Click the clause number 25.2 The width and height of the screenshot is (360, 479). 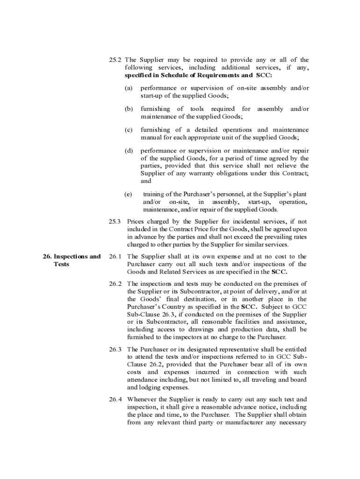(115, 60)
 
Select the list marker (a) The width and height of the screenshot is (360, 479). (128, 88)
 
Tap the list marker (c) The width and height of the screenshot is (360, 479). (128, 130)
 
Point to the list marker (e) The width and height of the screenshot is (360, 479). (128, 194)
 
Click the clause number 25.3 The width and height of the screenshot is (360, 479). (115, 221)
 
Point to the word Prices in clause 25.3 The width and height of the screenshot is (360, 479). (136, 221)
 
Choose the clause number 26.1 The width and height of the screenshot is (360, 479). (115, 256)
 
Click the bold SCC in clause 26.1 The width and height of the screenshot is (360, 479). (280, 272)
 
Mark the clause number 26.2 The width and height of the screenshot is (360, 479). (115, 283)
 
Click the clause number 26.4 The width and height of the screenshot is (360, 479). (115, 399)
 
